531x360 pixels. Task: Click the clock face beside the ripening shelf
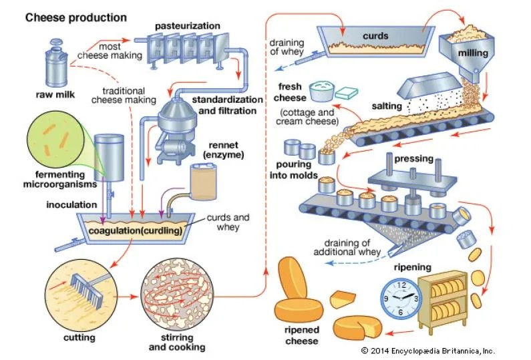click(399, 297)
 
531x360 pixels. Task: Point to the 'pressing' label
click(414, 159)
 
